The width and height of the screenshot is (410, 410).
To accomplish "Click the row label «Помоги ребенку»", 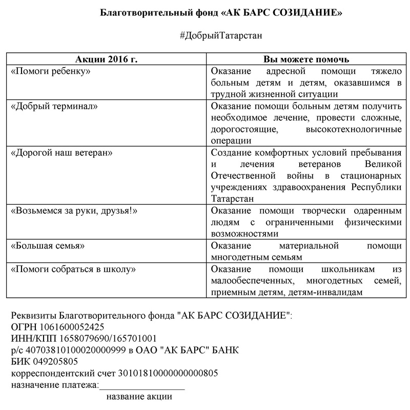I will (51, 71).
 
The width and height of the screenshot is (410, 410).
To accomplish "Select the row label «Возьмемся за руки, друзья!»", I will (75, 211).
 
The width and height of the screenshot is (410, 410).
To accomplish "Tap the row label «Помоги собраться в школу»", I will (73, 269).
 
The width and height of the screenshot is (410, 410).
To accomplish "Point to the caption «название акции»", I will (139, 397).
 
